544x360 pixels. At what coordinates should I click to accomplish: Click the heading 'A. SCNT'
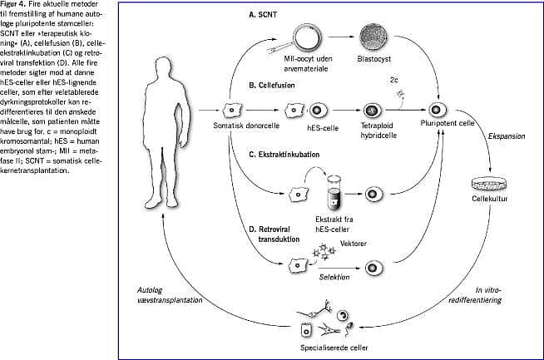pos(264,15)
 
